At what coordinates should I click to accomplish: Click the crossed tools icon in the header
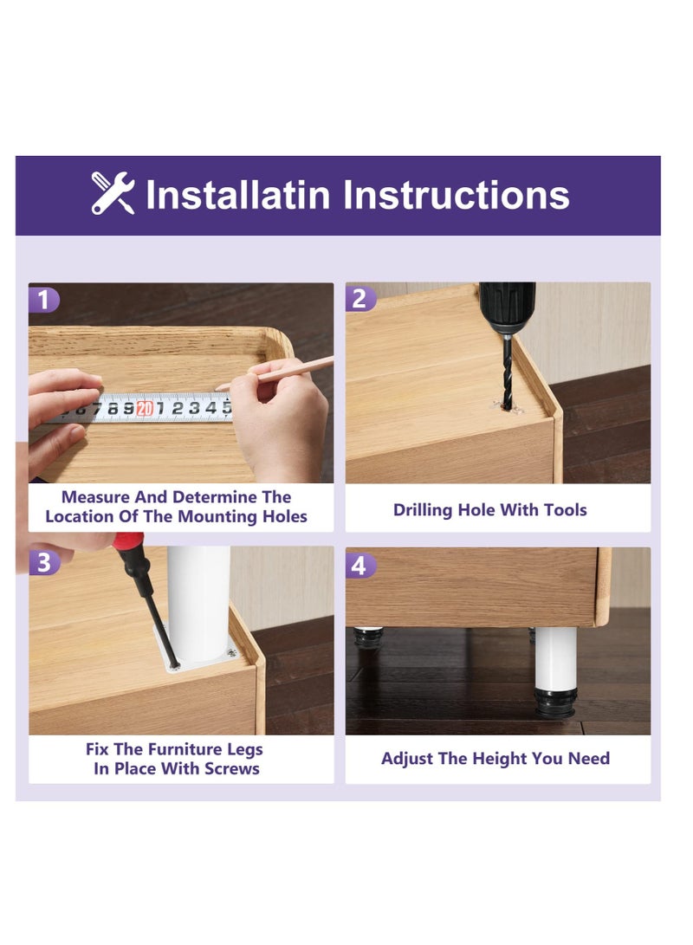coord(113,193)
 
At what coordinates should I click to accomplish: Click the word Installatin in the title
coord(238,195)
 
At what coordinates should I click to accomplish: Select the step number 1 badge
coord(43,300)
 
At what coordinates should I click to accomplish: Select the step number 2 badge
coord(360,299)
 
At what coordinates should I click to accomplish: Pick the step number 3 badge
coord(44,563)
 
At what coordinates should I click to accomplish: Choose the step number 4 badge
coord(360,566)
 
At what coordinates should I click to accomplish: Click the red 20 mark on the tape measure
coord(145,409)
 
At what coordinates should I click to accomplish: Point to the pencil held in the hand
coord(275,373)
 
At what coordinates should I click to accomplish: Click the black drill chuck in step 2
coord(507,308)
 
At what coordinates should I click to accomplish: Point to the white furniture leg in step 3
coord(198,604)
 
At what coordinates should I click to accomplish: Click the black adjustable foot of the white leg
coord(555,703)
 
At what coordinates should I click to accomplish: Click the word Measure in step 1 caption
coord(95,497)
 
